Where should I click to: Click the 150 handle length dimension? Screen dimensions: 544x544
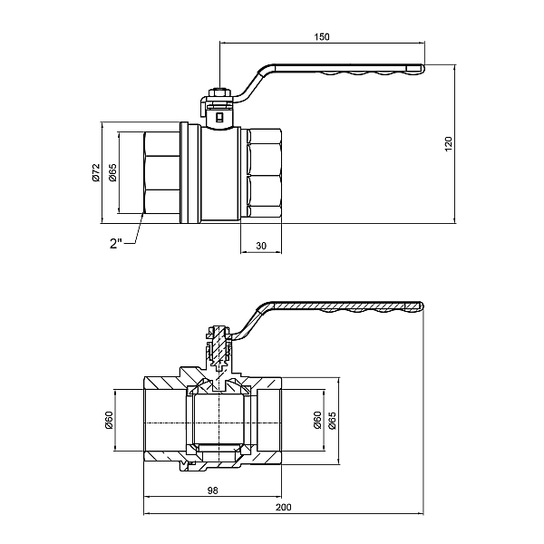[x=323, y=36]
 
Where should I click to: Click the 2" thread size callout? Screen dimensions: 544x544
[x=116, y=243]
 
